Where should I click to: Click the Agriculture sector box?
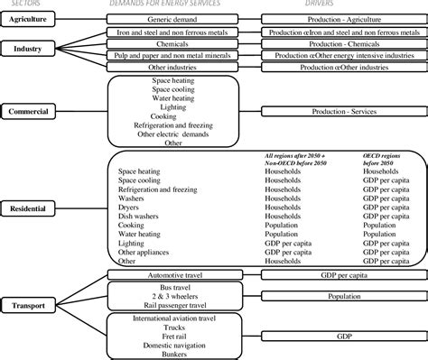28,18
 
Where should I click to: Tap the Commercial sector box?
28,110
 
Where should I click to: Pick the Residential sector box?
28,208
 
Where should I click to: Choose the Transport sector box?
28,305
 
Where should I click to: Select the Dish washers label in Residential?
138,217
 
